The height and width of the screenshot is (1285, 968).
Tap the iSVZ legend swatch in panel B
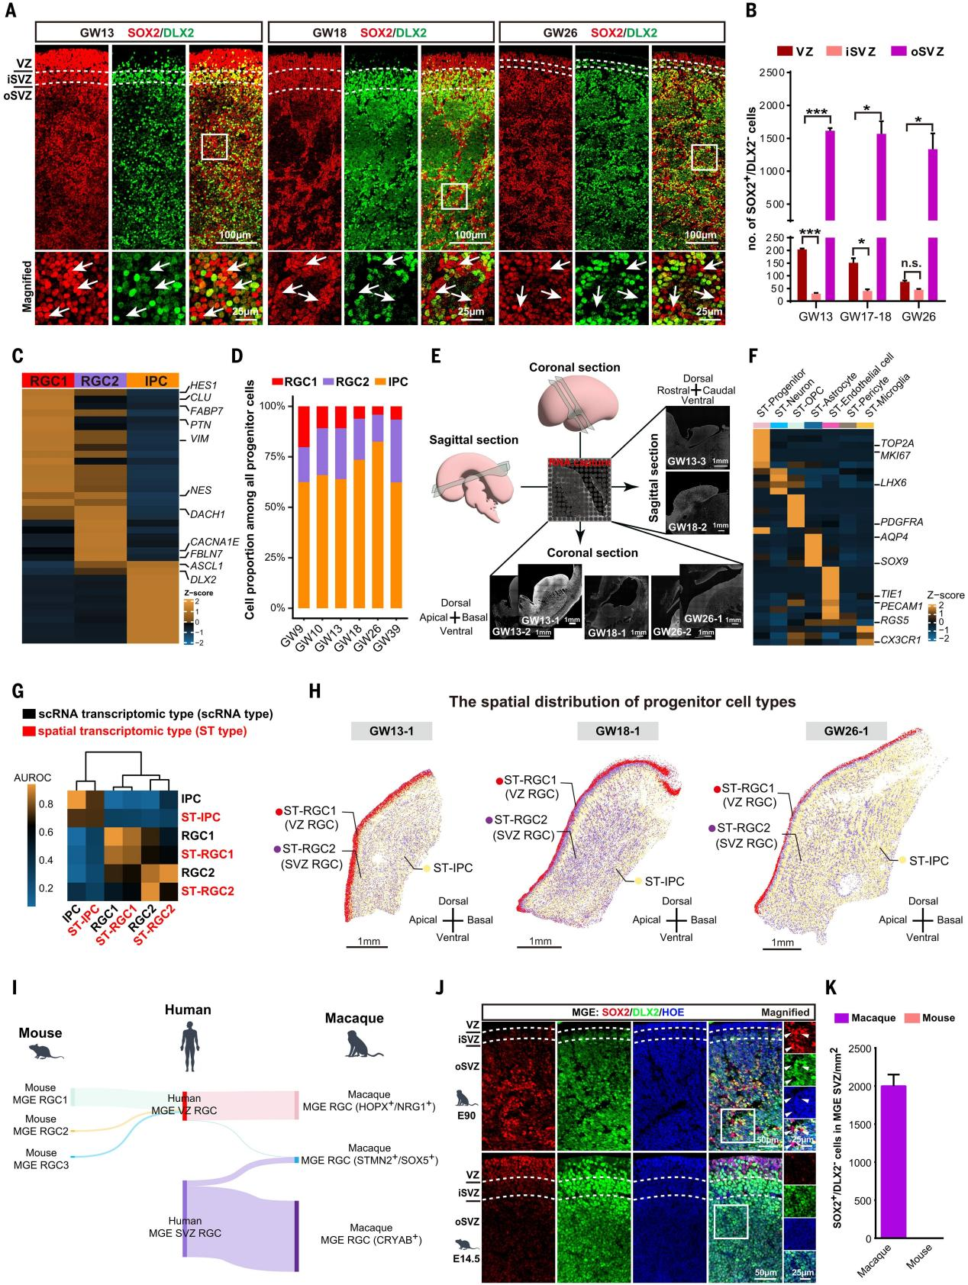[837, 51]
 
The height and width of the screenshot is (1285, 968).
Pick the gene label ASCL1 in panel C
[206, 566]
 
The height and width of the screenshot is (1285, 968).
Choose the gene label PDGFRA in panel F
[902, 523]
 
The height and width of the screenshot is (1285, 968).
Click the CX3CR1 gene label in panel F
[901, 639]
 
